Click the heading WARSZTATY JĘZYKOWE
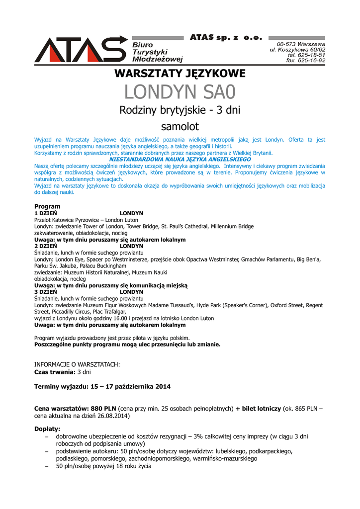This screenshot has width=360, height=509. coord(180,74)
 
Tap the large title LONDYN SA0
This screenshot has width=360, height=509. coord(180,92)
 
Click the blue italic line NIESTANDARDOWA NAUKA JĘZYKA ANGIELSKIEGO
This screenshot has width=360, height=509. coord(180,160)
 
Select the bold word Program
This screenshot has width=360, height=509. coord(47,206)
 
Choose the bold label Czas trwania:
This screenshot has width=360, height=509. coord(55,371)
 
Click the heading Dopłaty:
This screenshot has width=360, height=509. coord(47,428)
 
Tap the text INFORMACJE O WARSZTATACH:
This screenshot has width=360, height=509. coord(77,364)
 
